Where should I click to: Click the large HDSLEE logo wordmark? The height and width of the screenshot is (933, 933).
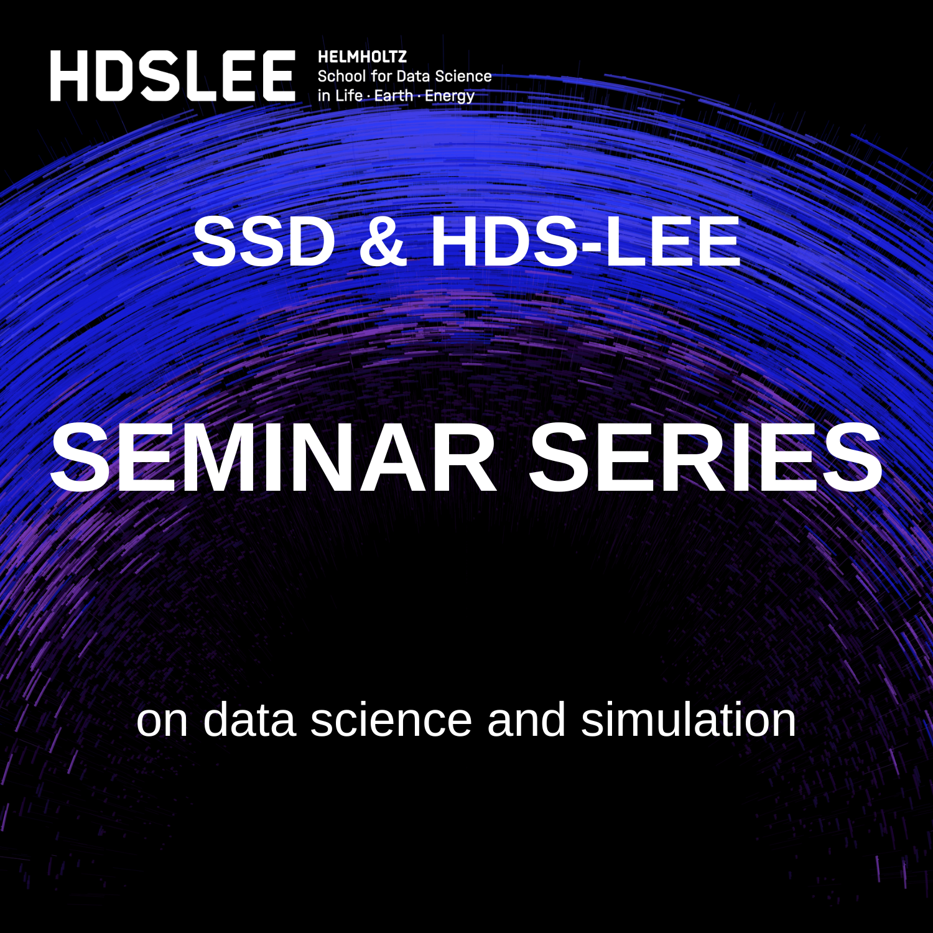[x=173, y=76]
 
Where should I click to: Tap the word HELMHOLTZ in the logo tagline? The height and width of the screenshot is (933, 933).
[x=362, y=57]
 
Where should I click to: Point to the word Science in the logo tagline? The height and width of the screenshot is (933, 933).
[x=463, y=76]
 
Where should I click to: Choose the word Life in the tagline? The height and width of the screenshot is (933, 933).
[x=349, y=95]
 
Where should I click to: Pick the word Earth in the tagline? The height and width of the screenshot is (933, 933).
[x=394, y=95]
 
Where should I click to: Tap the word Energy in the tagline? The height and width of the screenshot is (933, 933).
[x=450, y=96]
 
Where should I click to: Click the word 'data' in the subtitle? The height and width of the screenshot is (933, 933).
[x=249, y=720]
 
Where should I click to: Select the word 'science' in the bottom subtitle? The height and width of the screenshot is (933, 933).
[x=391, y=720]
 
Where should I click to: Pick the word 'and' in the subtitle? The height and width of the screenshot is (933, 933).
[x=526, y=720]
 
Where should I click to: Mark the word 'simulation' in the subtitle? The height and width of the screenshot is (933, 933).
[x=689, y=720]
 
